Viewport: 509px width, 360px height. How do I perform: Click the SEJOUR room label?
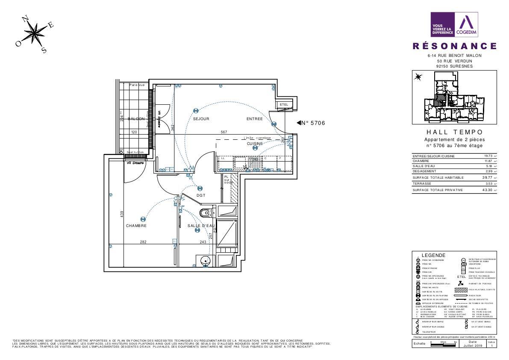point(201,119)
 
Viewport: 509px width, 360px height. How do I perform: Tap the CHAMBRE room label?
point(136,226)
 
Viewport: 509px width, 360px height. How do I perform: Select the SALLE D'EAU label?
point(201,226)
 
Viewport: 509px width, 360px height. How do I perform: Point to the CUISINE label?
point(255,144)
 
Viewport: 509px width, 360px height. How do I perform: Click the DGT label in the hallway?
point(201,195)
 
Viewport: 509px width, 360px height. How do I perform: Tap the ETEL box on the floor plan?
point(284,105)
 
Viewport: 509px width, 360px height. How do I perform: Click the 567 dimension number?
point(224,132)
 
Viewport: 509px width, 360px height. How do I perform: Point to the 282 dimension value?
point(143,242)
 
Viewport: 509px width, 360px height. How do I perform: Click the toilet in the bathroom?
point(207,212)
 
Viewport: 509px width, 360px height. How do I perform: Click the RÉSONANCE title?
point(455,46)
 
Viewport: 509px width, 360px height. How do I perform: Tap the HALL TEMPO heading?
point(455,133)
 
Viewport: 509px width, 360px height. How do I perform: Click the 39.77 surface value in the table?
point(486,177)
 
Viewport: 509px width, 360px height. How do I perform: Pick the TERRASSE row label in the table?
point(421,183)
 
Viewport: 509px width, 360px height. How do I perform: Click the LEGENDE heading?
point(433,255)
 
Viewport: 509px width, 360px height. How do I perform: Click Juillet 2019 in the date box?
point(472,345)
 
